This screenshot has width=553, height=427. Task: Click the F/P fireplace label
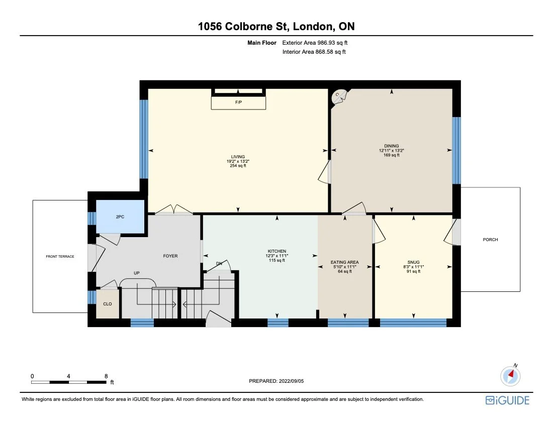[238, 102]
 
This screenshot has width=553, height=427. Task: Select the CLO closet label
[107, 304]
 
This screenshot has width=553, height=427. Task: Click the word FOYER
[170, 256]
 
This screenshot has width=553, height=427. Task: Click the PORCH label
[490, 240]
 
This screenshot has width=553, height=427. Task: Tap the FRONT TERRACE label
[60, 256]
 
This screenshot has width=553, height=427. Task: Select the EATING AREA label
[344, 262]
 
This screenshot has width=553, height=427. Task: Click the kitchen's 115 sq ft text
[276, 260]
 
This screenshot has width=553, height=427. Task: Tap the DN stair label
[219, 263]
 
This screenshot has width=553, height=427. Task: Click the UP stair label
[136, 273]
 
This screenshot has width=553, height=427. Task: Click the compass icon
[510, 375]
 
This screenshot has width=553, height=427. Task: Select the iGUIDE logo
[507, 400]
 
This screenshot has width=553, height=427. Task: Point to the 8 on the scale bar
[106, 376]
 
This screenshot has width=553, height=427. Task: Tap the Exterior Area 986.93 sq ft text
[315, 43]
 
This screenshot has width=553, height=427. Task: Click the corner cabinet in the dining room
[338, 97]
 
